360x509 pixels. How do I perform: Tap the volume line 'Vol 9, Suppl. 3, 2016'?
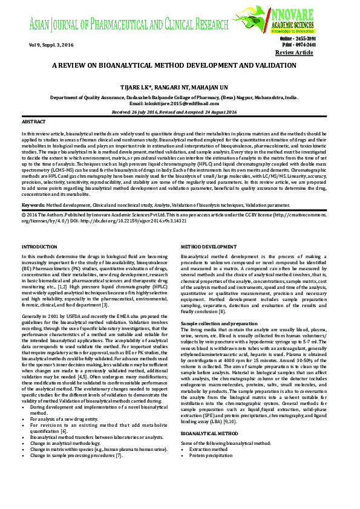pyautogui.click(x=51, y=45)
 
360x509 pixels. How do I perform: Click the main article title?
pyautogui.click(x=174, y=65)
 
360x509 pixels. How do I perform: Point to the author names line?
pyautogui.click(x=174, y=86)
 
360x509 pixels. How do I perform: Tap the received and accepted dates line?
pyautogui.click(x=174, y=112)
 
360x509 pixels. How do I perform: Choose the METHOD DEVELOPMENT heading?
pyautogui.click(x=211, y=247)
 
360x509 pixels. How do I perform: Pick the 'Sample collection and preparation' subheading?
pyautogui.click(x=219, y=324)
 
